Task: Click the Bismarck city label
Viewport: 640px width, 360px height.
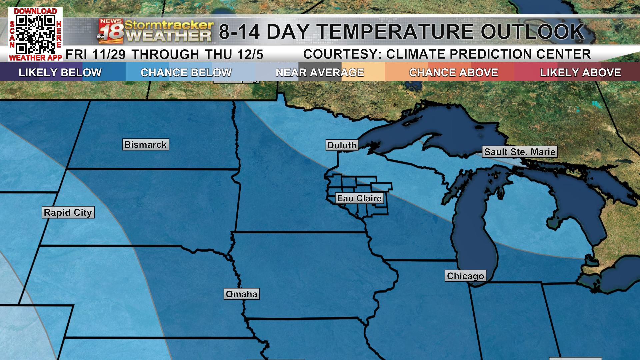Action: [x=146, y=145]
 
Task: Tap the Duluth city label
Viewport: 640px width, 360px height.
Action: [x=342, y=145]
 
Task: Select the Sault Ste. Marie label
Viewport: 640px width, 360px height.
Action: [x=520, y=152]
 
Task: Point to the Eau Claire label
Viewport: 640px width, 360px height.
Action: [x=359, y=198]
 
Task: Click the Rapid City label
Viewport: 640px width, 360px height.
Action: [x=68, y=212]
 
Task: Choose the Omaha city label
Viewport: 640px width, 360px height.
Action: [x=242, y=294]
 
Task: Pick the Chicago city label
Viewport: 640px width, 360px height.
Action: [x=465, y=276]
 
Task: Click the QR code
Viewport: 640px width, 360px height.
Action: [x=35, y=34]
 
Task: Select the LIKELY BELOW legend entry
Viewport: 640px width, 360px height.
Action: [x=60, y=72]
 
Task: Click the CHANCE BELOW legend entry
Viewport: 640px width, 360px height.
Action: [x=186, y=72]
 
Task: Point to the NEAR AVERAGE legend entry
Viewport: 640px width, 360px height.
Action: [x=320, y=72]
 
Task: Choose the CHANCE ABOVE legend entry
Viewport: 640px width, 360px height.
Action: [x=453, y=72]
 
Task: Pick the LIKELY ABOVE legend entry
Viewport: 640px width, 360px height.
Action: [x=580, y=72]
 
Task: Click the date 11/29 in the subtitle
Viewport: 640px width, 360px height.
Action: [x=109, y=55]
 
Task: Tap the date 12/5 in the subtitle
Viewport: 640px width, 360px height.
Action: [x=250, y=55]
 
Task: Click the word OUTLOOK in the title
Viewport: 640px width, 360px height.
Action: [x=532, y=32]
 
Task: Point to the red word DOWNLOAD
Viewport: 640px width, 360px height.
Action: [x=35, y=11]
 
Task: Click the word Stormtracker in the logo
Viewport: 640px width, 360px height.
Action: [x=169, y=25]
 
